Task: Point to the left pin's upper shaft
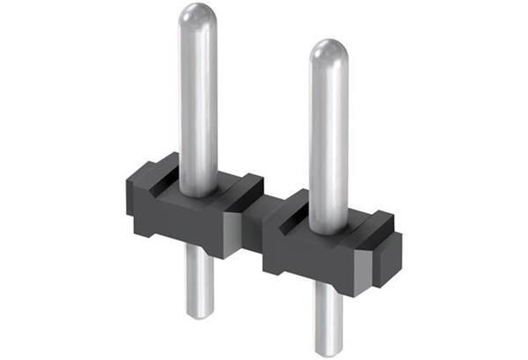[x=198, y=97]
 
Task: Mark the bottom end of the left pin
[x=201, y=312]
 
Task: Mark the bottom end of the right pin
[x=328, y=352]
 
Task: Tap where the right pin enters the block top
[x=329, y=231]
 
